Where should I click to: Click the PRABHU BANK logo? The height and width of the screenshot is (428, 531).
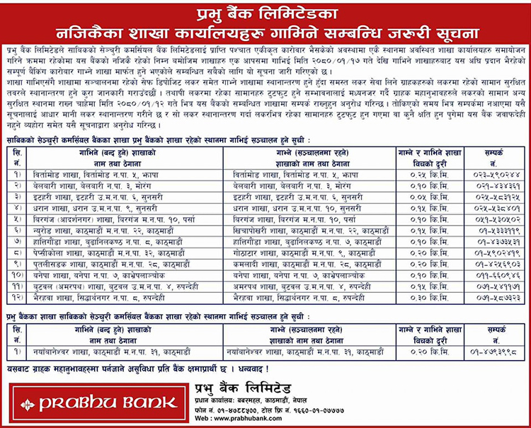[x=98, y=403]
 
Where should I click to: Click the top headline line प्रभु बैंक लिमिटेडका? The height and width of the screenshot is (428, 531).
[x=265, y=14]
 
